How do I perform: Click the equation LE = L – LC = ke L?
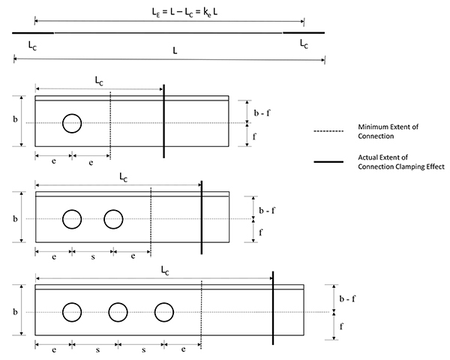pyautogui.click(x=184, y=12)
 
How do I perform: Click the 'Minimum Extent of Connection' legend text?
pyautogui.click(x=388, y=131)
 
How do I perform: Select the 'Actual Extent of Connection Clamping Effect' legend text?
pyautogui.click(x=401, y=162)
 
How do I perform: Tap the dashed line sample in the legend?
pyautogui.click(x=328, y=131)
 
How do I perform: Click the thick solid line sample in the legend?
pyautogui.click(x=328, y=162)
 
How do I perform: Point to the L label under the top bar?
pyautogui.click(x=175, y=51)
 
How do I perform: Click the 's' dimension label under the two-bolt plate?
pyautogui.click(x=93, y=256)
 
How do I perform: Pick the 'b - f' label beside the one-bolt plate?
pyautogui.click(x=262, y=112)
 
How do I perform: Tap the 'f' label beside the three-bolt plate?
pyautogui.click(x=341, y=326)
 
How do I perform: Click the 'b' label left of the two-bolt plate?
pyautogui.click(x=15, y=219)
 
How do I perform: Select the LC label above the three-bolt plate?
pyautogui.click(x=165, y=271)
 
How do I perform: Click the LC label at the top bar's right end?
pyautogui.click(x=304, y=44)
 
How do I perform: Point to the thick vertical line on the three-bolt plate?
pyautogui.click(x=273, y=308)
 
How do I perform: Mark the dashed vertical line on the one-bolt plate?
pyautogui.click(x=110, y=125)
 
